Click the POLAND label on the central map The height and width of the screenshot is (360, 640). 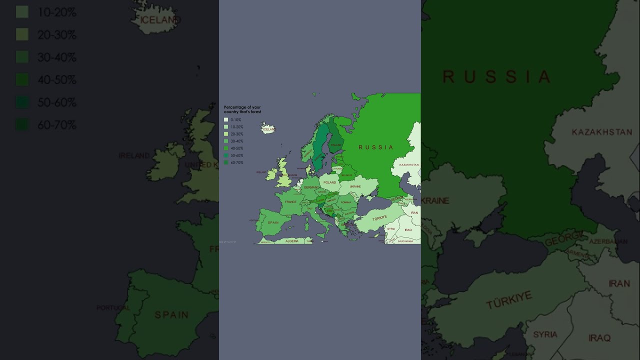[330, 182]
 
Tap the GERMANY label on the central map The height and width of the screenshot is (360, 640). [311, 187]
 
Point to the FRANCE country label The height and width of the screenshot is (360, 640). [290, 202]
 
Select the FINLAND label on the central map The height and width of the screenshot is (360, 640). [336, 145]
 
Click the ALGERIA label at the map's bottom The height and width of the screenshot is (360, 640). [292, 241]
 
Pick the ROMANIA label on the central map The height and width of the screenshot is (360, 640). [346, 202]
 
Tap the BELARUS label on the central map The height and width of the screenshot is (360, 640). [346, 175]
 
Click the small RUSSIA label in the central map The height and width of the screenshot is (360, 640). [376, 147]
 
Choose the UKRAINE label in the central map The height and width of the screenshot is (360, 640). [355, 186]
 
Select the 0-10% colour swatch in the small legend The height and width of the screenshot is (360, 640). [226, 120]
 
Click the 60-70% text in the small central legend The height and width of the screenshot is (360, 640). [237, 162]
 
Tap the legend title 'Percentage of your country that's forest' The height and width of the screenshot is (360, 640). [242, 109]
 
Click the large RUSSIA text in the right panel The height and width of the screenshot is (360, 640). [496, 77]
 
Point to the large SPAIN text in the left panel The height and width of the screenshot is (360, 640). [171, 315]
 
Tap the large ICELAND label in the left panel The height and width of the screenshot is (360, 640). [160, 20]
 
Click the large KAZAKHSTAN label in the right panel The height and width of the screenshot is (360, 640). [602, 132]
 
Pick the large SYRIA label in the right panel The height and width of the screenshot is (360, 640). [545, 334]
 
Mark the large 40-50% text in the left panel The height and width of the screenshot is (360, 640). [57, 80]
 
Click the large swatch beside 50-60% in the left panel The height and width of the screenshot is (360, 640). [22, 102]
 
